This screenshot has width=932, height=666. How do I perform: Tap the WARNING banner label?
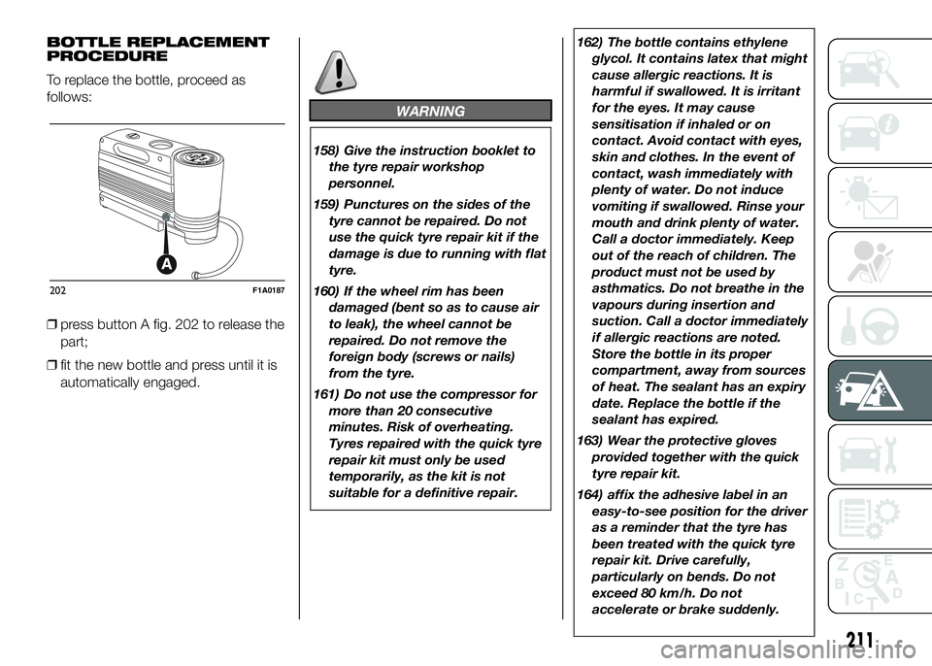[431, 112]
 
